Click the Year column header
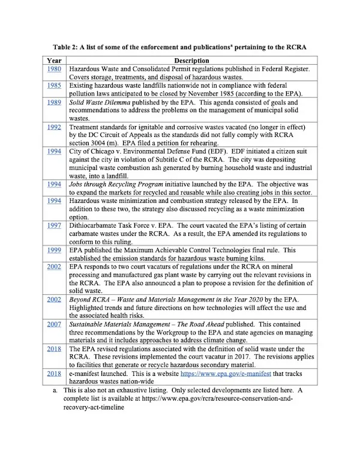(x=54, y=61)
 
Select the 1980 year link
(x=54, y=70)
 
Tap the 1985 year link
(x=54, y=86)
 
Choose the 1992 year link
(x=54, y=128)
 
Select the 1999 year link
(x=54, y=250)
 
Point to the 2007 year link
(x=54, y=323)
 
